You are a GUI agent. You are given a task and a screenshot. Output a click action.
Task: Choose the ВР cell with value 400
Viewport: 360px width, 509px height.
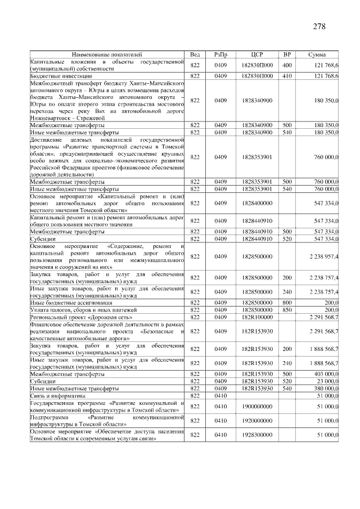pos(287,65)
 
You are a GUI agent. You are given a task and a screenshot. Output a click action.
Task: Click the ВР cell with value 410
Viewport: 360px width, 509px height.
pos(287,75)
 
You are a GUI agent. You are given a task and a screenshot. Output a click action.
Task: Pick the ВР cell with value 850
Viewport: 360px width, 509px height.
pos(287,310)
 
